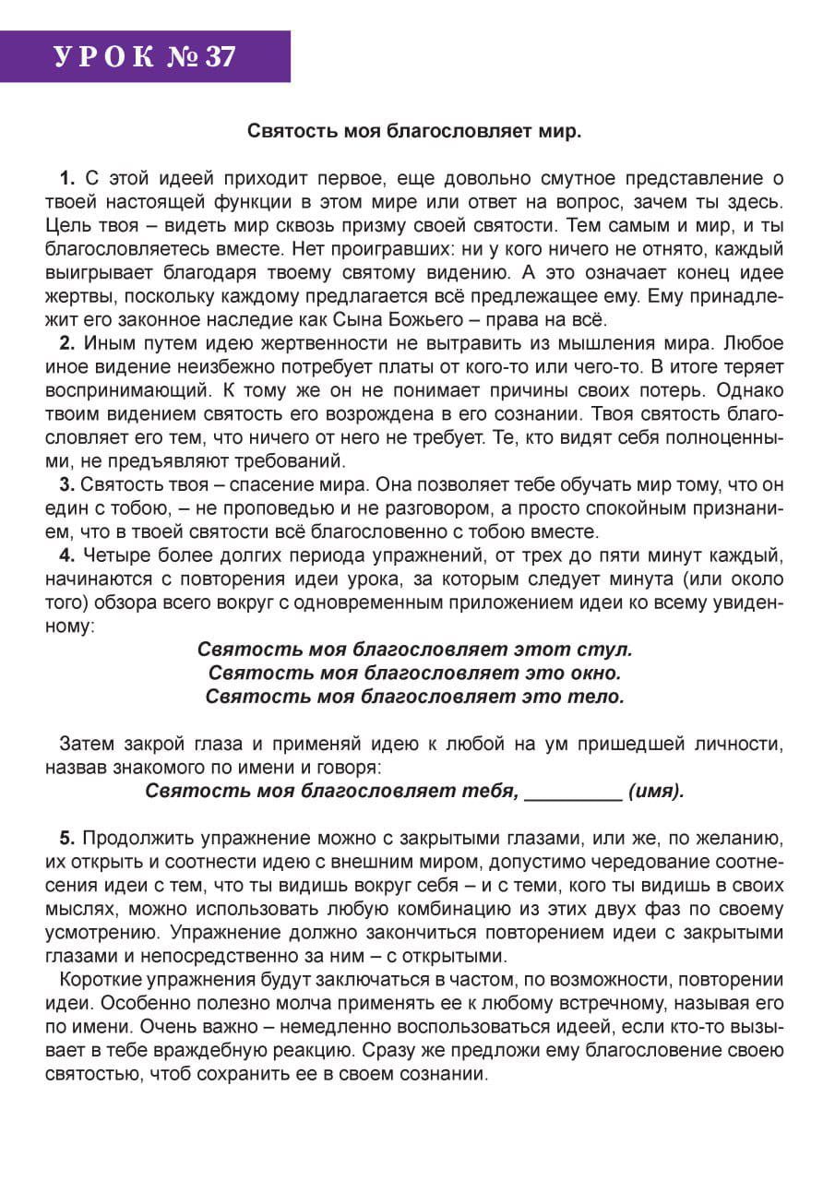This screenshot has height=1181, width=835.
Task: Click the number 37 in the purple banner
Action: pyautogui.click(x=220, y=57)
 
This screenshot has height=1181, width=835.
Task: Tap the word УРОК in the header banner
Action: pyautogui.click(x=104, y=57)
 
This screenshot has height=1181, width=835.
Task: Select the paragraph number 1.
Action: pyautogui.click(x=66, y=178)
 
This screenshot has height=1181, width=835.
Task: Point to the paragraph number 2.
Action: pyautogui.click(x=66, y=344)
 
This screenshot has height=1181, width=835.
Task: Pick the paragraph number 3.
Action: pyautogui.click(x=66, y=483)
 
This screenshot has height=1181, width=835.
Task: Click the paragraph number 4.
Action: pyautogui.click(x=66, y=555)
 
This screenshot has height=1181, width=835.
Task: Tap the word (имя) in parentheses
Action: pyautogui.click(x=656, y=791)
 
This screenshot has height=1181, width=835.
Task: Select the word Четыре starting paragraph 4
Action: pyautogui.click(x=113, y=555)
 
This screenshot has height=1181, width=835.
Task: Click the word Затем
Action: pyautogui.click(x=87, y=744)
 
